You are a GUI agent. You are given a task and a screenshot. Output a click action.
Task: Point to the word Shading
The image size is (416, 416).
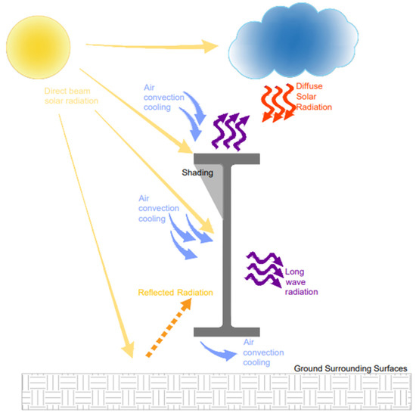tap(197, 172)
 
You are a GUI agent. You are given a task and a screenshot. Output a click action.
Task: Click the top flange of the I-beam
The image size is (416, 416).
tap(228, 159)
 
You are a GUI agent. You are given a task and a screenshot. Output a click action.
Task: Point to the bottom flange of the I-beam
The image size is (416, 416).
tap(227, 332)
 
